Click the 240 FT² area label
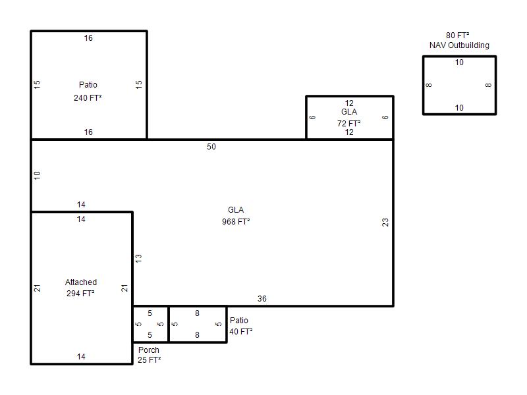(x=88, y=97)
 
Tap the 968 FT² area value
(x=236, y=222)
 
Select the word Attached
(x=81, y=282)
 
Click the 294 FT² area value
(x=80, y=293)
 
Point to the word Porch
(x=149, y=350)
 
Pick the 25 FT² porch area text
(x=150, y=359)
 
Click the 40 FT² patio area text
(x=241, y=332)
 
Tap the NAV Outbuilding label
(x=459, y=45)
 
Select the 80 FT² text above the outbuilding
(x=457, y=36)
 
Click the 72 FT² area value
(x=349, y=124)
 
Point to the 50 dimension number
(x=211, y=147)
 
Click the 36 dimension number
(x=262, y=299)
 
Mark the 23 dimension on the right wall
(x=385, y=223)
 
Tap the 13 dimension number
(x=138, y=258)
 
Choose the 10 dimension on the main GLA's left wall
(x=37, y=175)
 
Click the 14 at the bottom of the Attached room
(x=81, y=357)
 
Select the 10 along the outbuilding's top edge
(x=459, y=63)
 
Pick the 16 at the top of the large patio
(x=88, y=38)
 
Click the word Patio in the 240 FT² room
(x=88, y=85)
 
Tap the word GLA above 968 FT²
(x=236, y=210)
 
